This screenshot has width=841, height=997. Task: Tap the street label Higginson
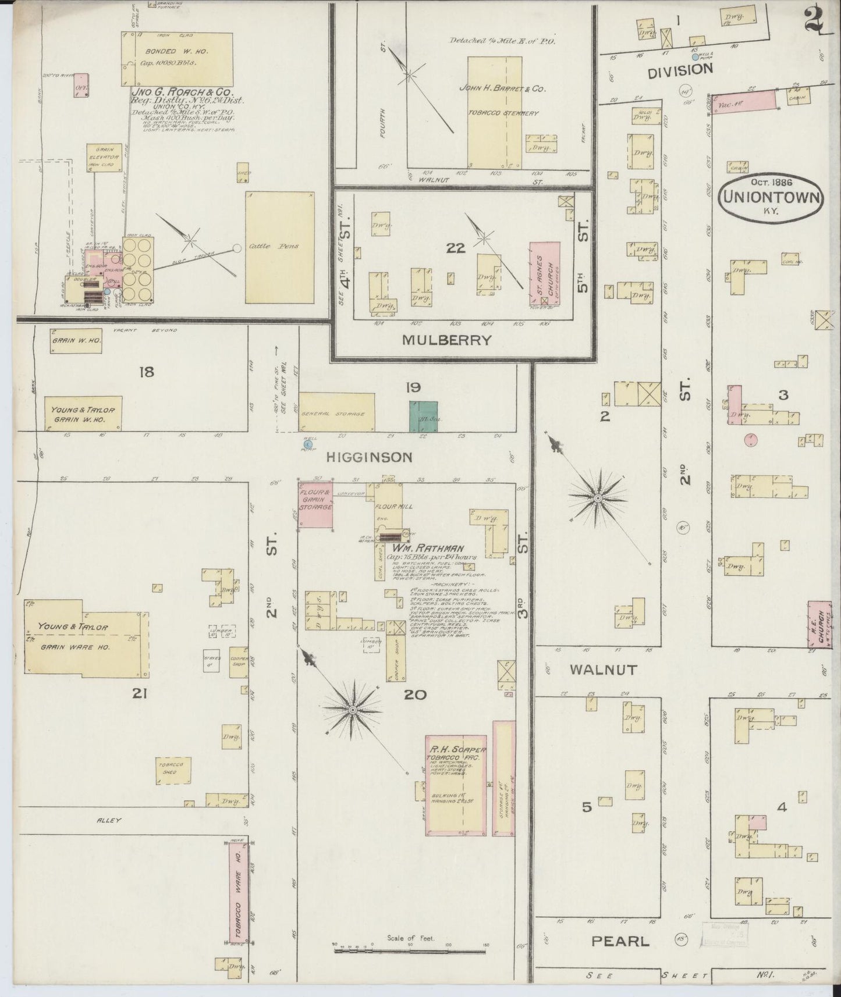coord(369,457)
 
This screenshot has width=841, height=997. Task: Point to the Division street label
coord(680,70)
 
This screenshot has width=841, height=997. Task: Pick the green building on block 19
coord(423,416)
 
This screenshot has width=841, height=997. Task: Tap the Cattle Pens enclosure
coord(281,247)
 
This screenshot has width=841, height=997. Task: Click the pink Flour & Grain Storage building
coord(315,504)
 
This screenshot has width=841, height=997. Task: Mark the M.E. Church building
coord(818,624)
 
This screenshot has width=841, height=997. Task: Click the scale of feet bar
coord(410,951)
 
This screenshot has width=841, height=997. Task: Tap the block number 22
coord(456,248)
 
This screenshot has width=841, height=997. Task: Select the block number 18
coord(146,371)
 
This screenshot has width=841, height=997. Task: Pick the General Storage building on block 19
coord(337,412)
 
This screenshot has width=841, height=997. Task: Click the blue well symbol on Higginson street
coord(308,444)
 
